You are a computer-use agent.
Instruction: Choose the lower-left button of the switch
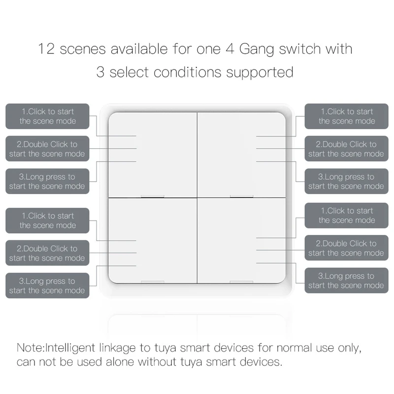click(x=153, y=240)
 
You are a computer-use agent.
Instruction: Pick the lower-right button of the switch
click(x=241, y=240)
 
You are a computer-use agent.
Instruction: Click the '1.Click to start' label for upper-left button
click(x=47, y=116)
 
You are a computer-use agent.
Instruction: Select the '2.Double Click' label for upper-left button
click(x=47, y=149)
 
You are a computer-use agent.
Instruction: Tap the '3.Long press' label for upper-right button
click(x=346, y=181)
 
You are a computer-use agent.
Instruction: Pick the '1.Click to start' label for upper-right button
click(x=346, y=116)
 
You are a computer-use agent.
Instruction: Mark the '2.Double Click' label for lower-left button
click(x=47, y=253)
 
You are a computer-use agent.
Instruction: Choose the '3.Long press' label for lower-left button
click(x=47, y=286)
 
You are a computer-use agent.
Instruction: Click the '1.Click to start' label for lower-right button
click(x=346, y=215)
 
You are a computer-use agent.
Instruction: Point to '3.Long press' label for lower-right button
click(x=346, y=281)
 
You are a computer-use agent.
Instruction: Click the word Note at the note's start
click(x=30, y=348)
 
